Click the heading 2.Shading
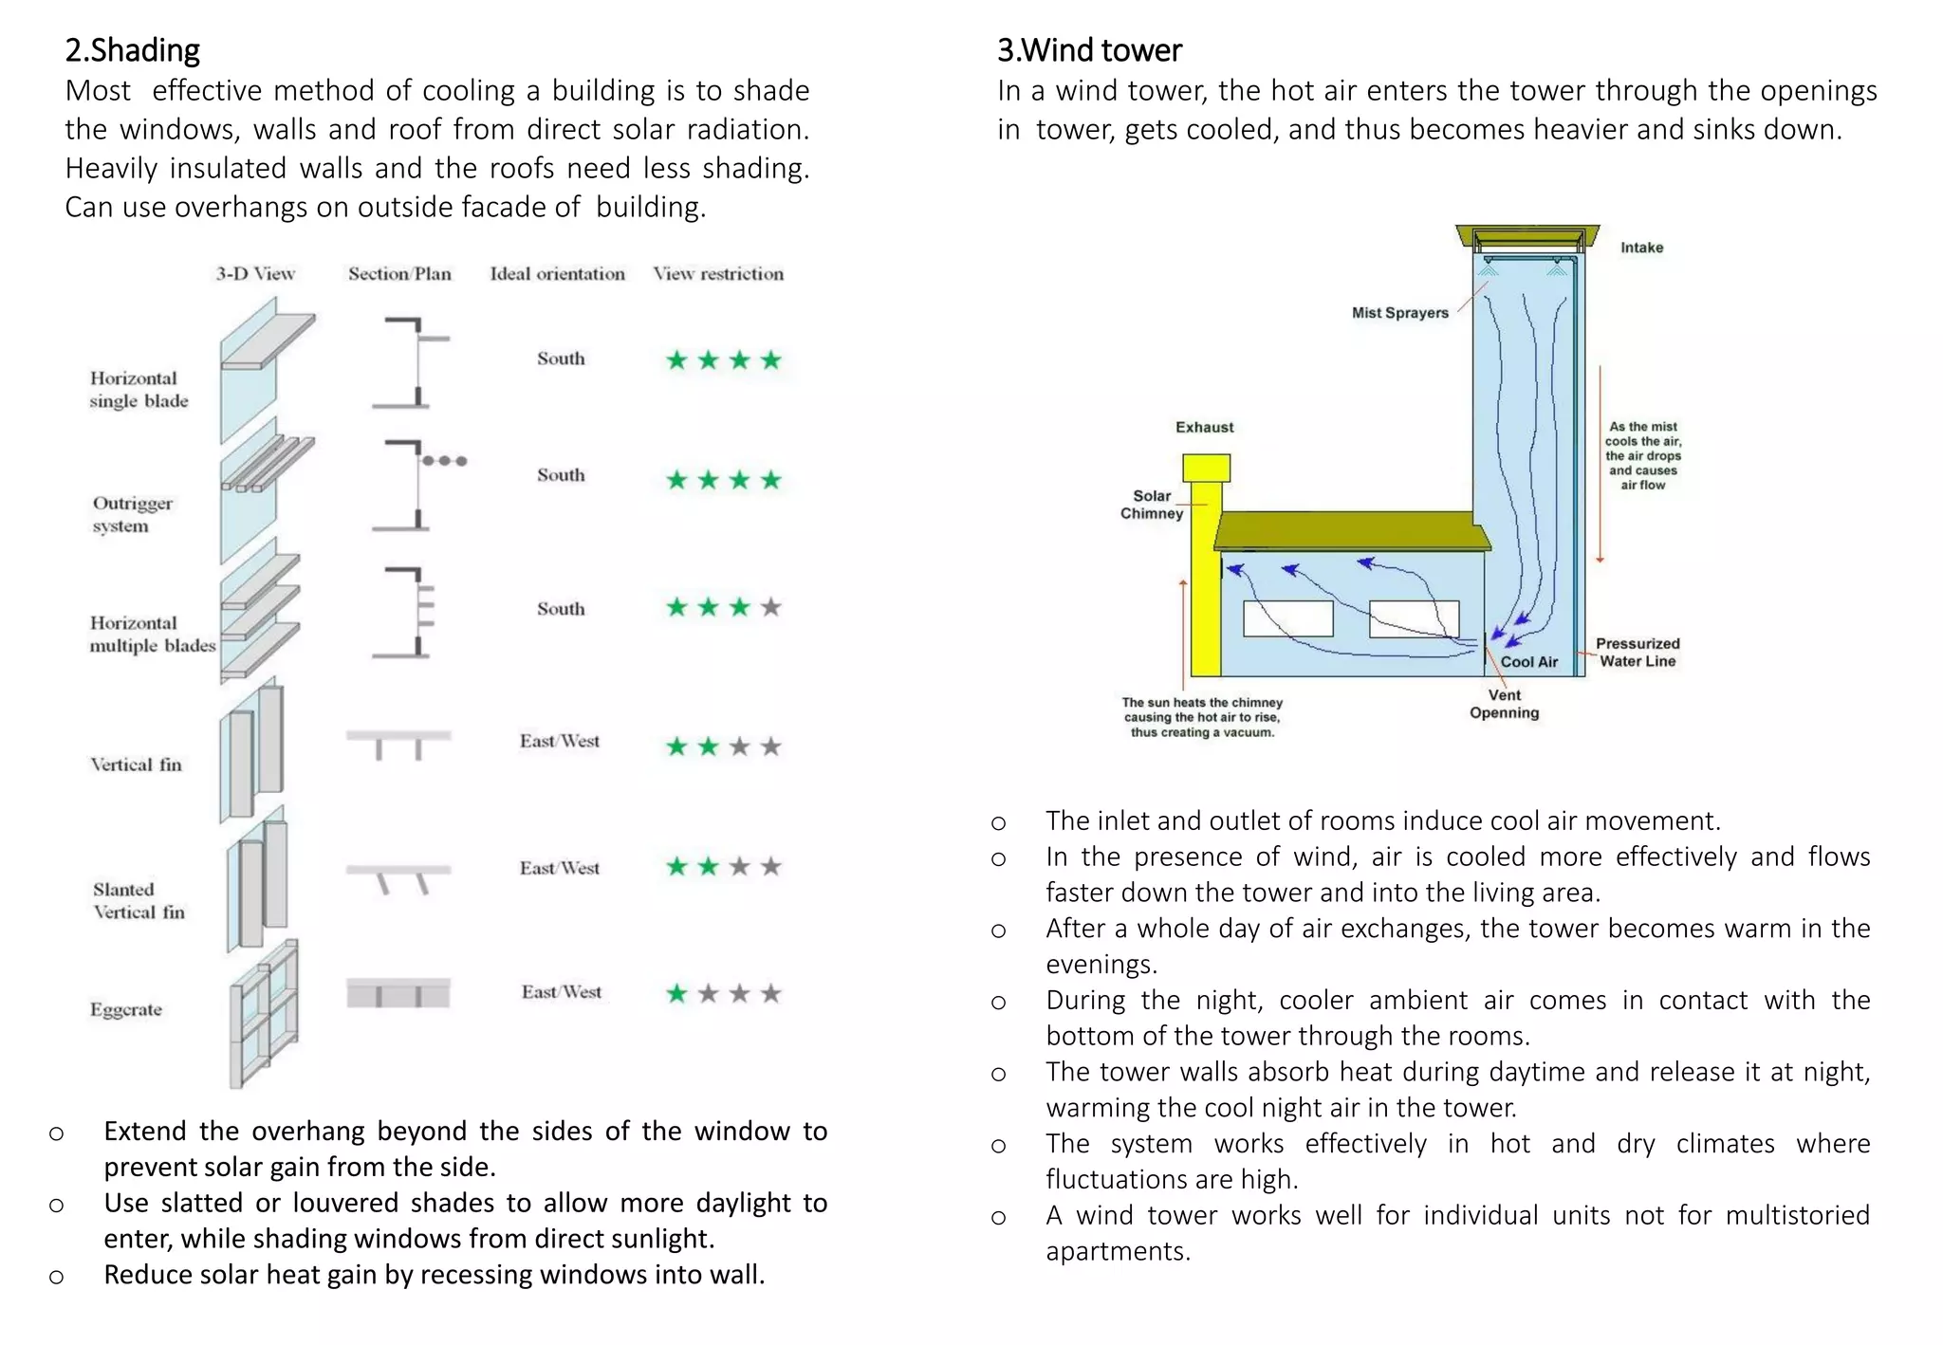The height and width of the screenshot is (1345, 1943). point(132,49)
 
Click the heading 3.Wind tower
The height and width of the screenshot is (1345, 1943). point(1089,49)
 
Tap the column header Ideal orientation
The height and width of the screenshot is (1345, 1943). point(557,274)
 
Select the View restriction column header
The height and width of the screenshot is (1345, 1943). point(718,274)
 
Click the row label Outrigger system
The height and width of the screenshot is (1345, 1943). point(132,514)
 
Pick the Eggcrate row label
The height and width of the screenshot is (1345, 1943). point(126,1009)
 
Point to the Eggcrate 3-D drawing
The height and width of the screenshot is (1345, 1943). point(264,1013)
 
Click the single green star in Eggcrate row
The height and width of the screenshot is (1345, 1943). point(676,993)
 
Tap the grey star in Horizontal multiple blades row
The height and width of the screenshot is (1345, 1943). point(771,607)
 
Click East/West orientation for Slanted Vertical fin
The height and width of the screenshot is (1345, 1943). point(559,868)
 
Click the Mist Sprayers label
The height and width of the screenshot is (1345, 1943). point(1399,313)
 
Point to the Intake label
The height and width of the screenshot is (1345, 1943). point(1641,248)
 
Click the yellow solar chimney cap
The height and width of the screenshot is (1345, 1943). point(1206,468)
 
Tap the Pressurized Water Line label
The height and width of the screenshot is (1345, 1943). point(1637,653)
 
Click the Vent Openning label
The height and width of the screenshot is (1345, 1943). point(1504,704)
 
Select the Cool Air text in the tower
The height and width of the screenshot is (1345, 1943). point(1528,662)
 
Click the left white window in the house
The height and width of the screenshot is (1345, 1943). point(1287,618)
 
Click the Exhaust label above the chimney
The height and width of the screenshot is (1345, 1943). point(1204,427)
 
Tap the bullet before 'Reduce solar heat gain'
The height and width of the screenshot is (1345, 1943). point(57,1277)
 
